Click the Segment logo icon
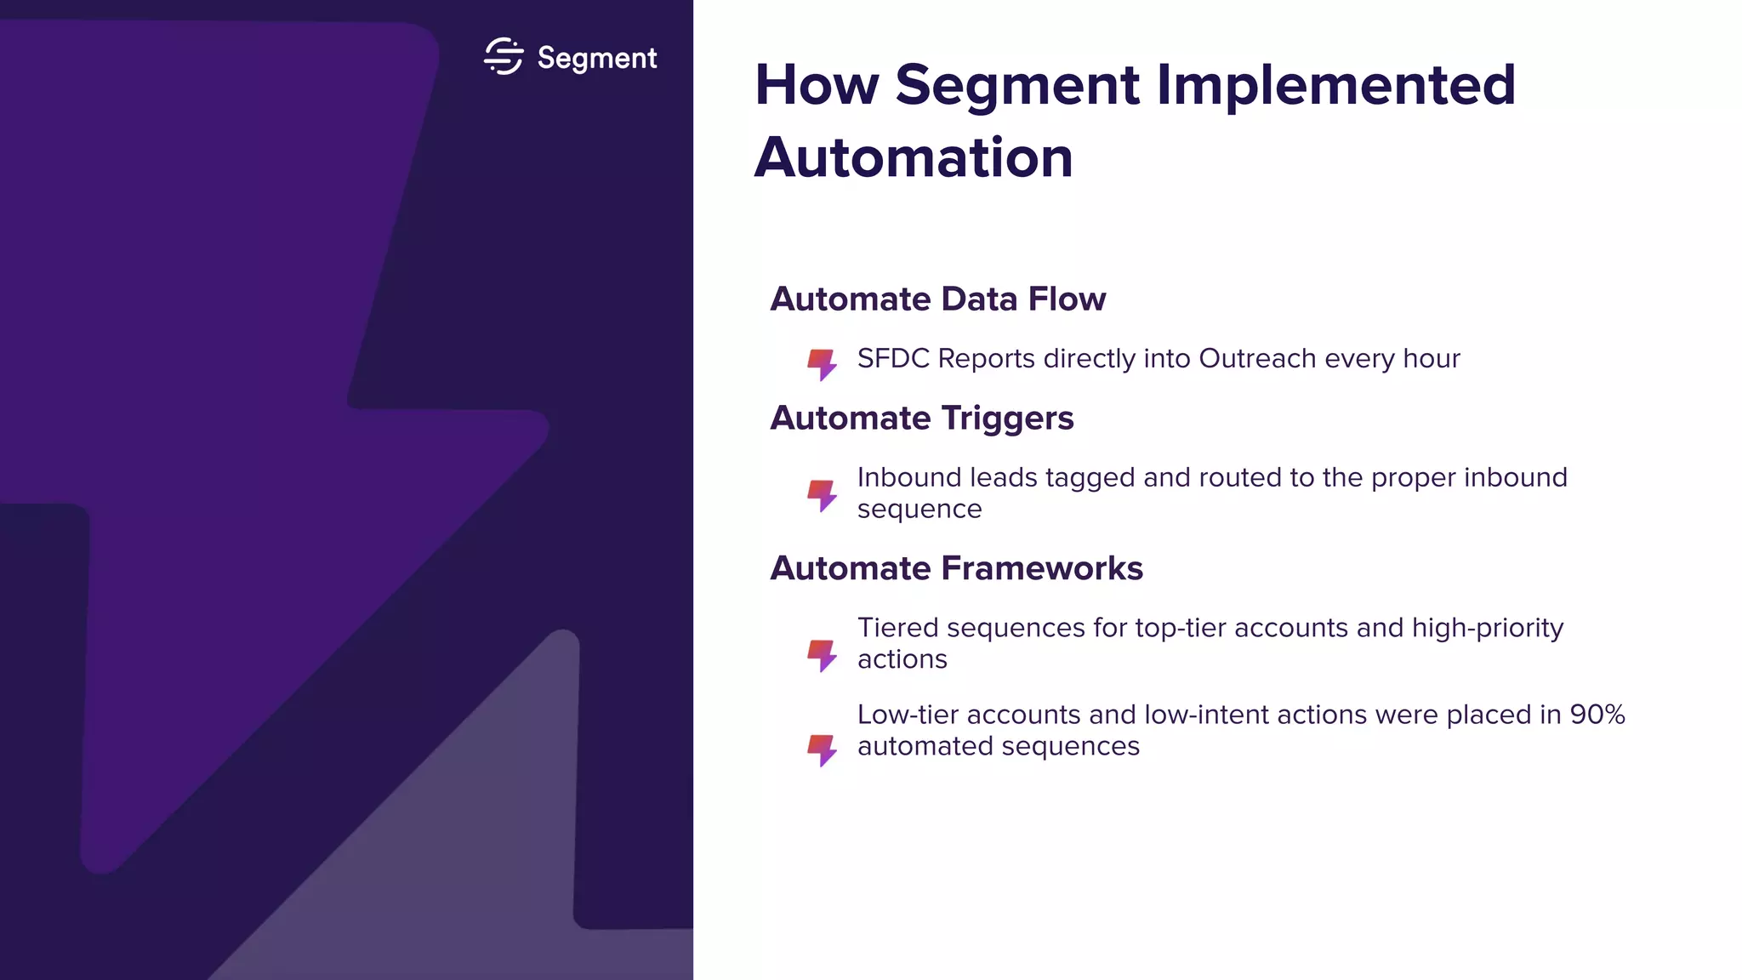click(503, 57)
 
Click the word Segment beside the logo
click(597, 58)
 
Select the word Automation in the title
click(914, 158)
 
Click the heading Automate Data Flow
click(937, 299)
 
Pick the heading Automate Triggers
click(921, 419)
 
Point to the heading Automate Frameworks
click(956, 568)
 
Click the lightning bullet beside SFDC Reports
click(822, 364)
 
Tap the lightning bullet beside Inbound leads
click(822, 495)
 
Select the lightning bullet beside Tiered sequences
click(822, 655)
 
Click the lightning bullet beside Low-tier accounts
click(822, 749)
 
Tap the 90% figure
click(1597, 715)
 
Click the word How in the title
click(817, 85)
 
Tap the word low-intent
click(1206, 715)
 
